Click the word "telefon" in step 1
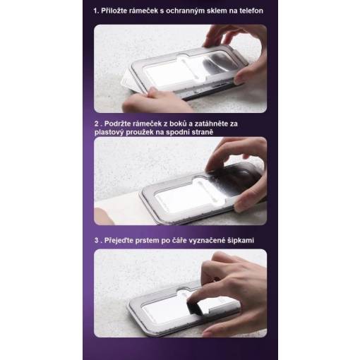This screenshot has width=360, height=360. point(251,11)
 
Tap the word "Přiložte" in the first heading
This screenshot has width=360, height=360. point(114,11)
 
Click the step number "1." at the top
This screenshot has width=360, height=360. point(96,11)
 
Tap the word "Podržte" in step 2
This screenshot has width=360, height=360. point(117,124)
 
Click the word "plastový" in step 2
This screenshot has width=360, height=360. point(109,132)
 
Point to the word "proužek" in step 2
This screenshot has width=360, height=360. point(139,133)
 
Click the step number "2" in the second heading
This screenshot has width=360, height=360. point(97,124)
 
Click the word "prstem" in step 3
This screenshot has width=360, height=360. point(147,241)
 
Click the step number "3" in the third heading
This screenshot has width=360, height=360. point(97,241)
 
